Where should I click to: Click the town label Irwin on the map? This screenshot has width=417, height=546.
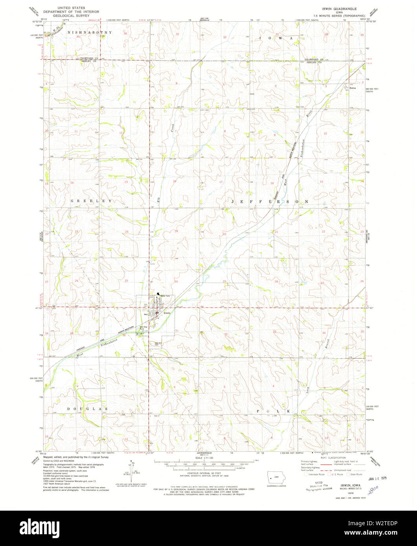click(x=167, y=313)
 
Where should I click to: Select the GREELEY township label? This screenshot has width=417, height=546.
click(x=91, y=201)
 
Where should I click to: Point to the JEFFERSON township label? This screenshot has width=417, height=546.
click(x=270, y=201)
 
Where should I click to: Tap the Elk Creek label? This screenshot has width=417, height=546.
click(x=165, y=165)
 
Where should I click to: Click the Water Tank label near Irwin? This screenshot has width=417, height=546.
click(x=165, y=296)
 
